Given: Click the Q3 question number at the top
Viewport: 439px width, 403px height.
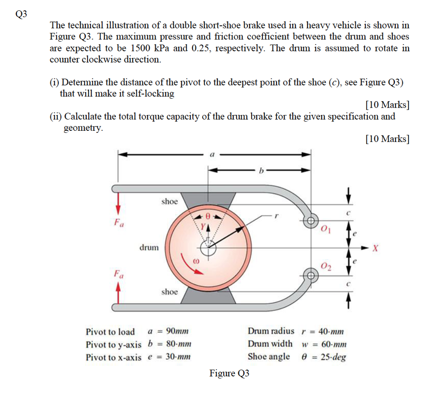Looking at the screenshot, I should click(x=21, y=14).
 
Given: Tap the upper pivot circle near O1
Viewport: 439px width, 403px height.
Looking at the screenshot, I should click(x=310, y=221).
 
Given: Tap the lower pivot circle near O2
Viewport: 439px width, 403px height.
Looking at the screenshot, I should click(x=310, y=274).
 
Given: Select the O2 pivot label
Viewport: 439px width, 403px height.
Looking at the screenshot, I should click(x=326, y=266).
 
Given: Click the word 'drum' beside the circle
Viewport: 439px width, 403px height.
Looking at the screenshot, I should click(x=149, y=247).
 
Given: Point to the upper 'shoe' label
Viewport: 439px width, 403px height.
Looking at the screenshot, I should click(x=169, y=201).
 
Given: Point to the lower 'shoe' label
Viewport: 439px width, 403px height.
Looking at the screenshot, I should click(x=169, y=292).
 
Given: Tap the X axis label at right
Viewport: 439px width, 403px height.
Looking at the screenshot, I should click(x=376, y=248).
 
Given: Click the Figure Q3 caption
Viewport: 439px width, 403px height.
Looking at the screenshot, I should click(x=229, y=373).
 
